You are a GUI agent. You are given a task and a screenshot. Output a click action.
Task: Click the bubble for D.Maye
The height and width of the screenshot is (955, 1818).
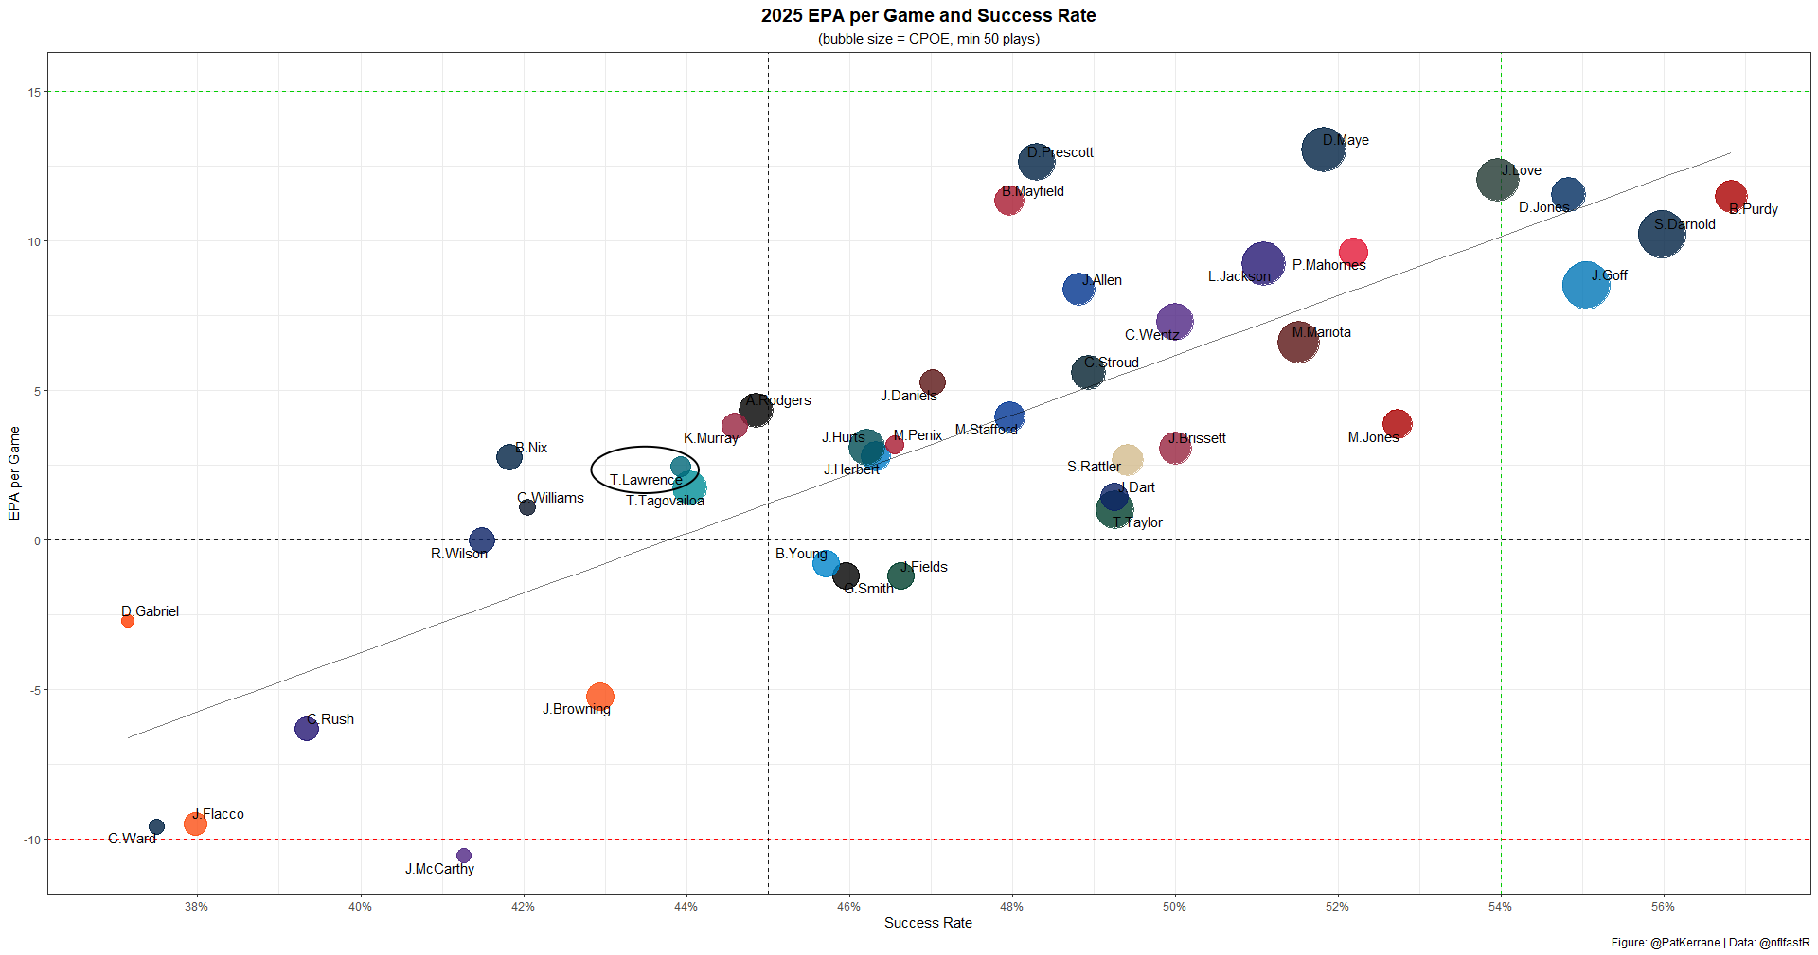[x=1323, y=150]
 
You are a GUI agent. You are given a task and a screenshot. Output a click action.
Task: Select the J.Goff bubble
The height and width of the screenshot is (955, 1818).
[x=1586, y=285]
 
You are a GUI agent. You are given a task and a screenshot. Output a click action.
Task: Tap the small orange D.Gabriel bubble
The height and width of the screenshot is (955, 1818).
[x=128, y=621]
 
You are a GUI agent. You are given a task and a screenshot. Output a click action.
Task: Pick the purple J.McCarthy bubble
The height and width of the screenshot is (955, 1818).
[x=464, y=856]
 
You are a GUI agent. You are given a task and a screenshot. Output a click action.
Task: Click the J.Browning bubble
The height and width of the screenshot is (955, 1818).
[x=599, y=697]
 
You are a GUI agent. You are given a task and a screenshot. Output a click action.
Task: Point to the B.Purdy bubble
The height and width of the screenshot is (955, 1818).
[x=1731, y=196]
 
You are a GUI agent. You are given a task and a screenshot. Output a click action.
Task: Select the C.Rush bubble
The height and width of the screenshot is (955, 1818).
[x=307, y=728]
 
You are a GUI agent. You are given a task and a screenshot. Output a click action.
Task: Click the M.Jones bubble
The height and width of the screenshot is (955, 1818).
[x=1397, y=424]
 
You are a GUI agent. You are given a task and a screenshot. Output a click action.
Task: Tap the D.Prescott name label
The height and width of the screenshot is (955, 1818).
[x=1060, y=152]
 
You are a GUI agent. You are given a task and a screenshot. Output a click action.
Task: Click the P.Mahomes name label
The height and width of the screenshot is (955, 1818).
[x=1328, y=265]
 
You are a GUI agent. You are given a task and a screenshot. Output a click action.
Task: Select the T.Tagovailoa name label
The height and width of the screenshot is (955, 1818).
[x=665, y=501]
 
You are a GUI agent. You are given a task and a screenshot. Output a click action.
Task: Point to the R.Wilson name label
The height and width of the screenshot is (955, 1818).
[x=459, y=554]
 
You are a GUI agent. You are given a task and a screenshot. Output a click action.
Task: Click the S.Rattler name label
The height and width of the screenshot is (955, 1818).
[x=1094, y=467]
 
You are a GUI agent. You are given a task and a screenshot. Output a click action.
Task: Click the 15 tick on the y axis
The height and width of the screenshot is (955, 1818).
[x=35, y=92]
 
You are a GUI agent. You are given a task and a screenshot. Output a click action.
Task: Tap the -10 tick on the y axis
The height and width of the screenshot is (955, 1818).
[x=33, y=840]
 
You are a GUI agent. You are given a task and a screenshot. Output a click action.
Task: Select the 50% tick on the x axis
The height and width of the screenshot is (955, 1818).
[x=1174, y=907]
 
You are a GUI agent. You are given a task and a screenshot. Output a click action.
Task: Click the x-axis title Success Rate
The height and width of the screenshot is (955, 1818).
[x=928, y=923]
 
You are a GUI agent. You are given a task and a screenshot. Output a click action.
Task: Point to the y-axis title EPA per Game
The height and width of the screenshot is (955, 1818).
[x=14, y=473]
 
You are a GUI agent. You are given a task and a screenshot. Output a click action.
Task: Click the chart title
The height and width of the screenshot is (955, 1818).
[x=928, y=16]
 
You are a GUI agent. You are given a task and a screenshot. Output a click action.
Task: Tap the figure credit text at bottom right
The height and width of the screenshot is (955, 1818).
[x=1710, y=943]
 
